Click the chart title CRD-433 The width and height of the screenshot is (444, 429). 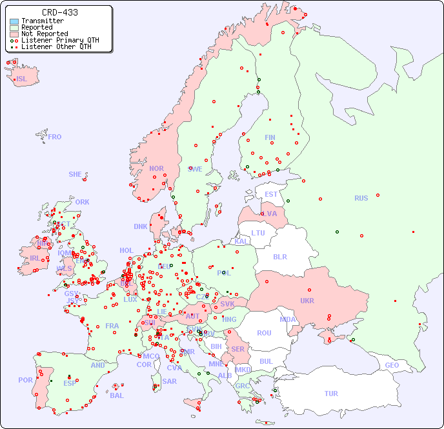(x=60, y=12)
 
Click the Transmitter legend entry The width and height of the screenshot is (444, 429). (x=42, y=21)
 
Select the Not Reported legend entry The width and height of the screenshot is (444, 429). (x=44, y=34)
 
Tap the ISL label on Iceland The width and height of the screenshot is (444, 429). (x=22, y=79)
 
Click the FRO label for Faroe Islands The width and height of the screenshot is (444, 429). (x=55, y=137)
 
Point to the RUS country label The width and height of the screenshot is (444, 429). (x=361, y=198)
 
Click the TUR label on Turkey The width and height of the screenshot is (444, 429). (x=331, y=394)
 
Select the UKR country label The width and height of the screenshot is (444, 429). (x=307, y=301)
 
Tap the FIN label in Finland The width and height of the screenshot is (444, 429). (x=270, y=137)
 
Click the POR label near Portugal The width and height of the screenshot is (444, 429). (x=25, y=380)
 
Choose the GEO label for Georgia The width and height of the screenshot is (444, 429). (x=392, y=365)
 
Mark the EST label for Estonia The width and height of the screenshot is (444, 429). (x=271, y=194)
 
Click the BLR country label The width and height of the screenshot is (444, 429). (x=279, y=256)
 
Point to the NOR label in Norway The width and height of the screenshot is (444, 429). (x=156, y=168)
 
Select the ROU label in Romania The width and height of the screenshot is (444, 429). (x=264, y=333)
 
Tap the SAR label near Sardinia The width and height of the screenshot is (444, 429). (x=169, y=381)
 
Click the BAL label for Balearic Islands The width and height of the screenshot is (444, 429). (x=117, y=395)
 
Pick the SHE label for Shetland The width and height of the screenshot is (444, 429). (x=76, y=174)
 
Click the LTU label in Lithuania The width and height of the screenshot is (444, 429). (x=258, y=233)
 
